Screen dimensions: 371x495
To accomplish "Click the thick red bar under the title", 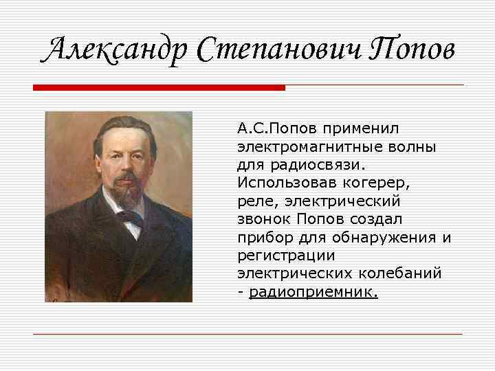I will pos(159,88).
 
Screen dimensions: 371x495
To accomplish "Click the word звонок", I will pos(265,219).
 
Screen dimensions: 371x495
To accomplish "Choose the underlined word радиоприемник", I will pos(313,292).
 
